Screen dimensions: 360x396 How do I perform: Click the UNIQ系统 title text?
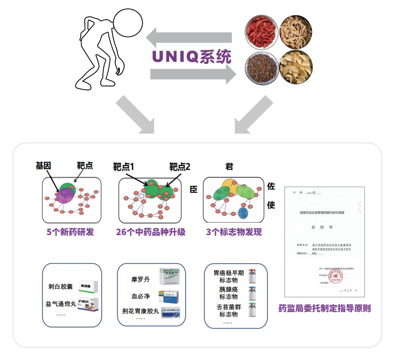coord(192,57)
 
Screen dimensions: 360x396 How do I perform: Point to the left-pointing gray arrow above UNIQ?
coord(189,38)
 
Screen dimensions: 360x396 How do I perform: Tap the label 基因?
coord(43,166)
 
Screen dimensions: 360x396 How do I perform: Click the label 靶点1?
coord(124,166)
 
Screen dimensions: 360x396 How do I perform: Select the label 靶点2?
coord(180,166)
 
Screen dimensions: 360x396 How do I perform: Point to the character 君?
coord(229,166)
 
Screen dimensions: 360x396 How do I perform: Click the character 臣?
coord(194,189)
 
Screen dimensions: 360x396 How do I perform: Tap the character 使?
coord(271,205)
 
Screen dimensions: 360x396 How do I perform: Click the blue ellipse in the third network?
coord(243,213)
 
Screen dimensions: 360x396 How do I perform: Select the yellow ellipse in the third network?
coord(231,186)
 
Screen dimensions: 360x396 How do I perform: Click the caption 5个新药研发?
coord(70,232)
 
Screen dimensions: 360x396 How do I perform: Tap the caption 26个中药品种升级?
coord(151,232)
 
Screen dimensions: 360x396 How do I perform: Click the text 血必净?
coord(141,296)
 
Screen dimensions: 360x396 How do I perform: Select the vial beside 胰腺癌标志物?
coord(252,293)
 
